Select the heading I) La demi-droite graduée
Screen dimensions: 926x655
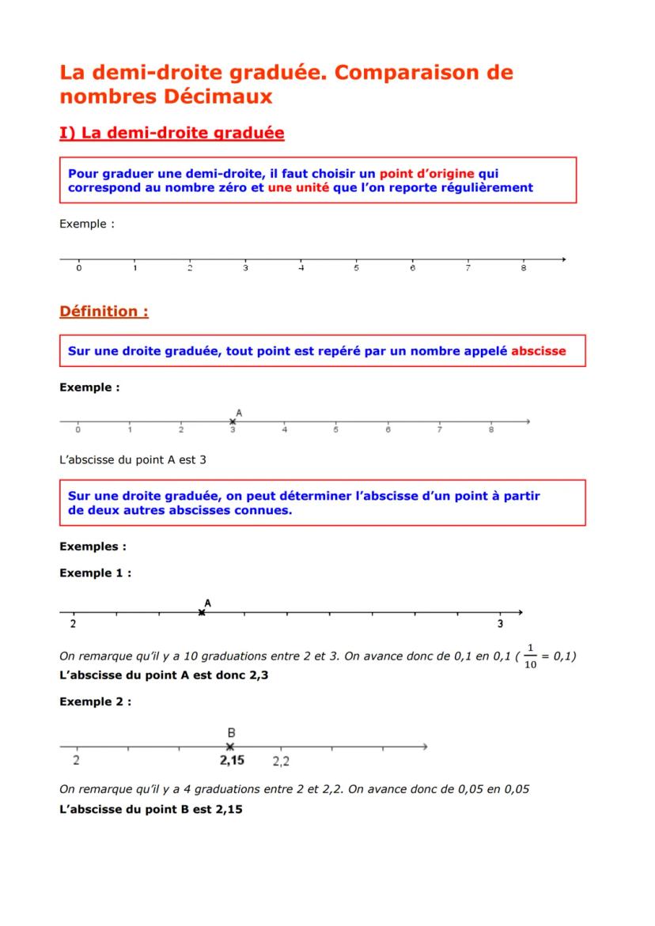click(172, 134)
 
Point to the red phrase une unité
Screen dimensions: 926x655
click(298, 187)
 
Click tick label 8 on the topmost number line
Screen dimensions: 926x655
click(524, 269)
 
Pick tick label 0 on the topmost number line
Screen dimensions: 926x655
click(78, 269)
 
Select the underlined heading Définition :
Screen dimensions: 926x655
click(104, 312)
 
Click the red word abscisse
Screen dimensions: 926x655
click(539, 351)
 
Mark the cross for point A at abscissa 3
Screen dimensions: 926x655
click(233, 421)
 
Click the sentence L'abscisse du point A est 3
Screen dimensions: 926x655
click(133, 459)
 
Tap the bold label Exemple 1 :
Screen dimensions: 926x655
click(95, 573)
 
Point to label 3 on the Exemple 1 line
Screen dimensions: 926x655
click(500, 624)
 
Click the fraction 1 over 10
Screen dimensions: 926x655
click(530, 656)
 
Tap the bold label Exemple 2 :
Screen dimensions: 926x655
click(95, 701)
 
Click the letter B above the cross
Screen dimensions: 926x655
click(230, 732)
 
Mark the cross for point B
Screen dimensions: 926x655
click(230, 746)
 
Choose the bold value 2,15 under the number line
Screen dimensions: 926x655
click(232, 762)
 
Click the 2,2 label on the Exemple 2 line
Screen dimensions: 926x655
click(281, 762)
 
